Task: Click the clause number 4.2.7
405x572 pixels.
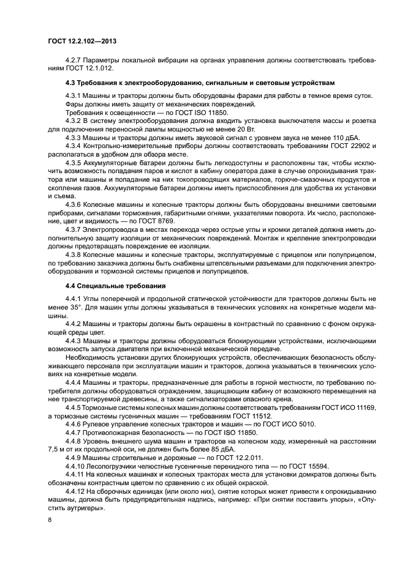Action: (x=74, y=61)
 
